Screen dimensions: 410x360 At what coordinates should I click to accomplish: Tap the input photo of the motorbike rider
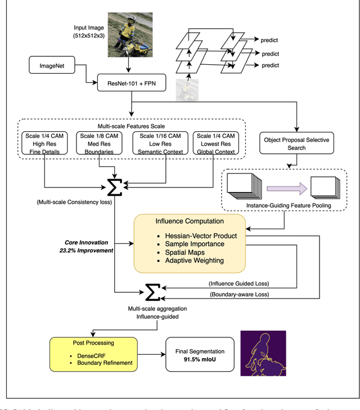[x=130, y=34]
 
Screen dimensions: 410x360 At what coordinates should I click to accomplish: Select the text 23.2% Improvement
[x=91, y=251]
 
